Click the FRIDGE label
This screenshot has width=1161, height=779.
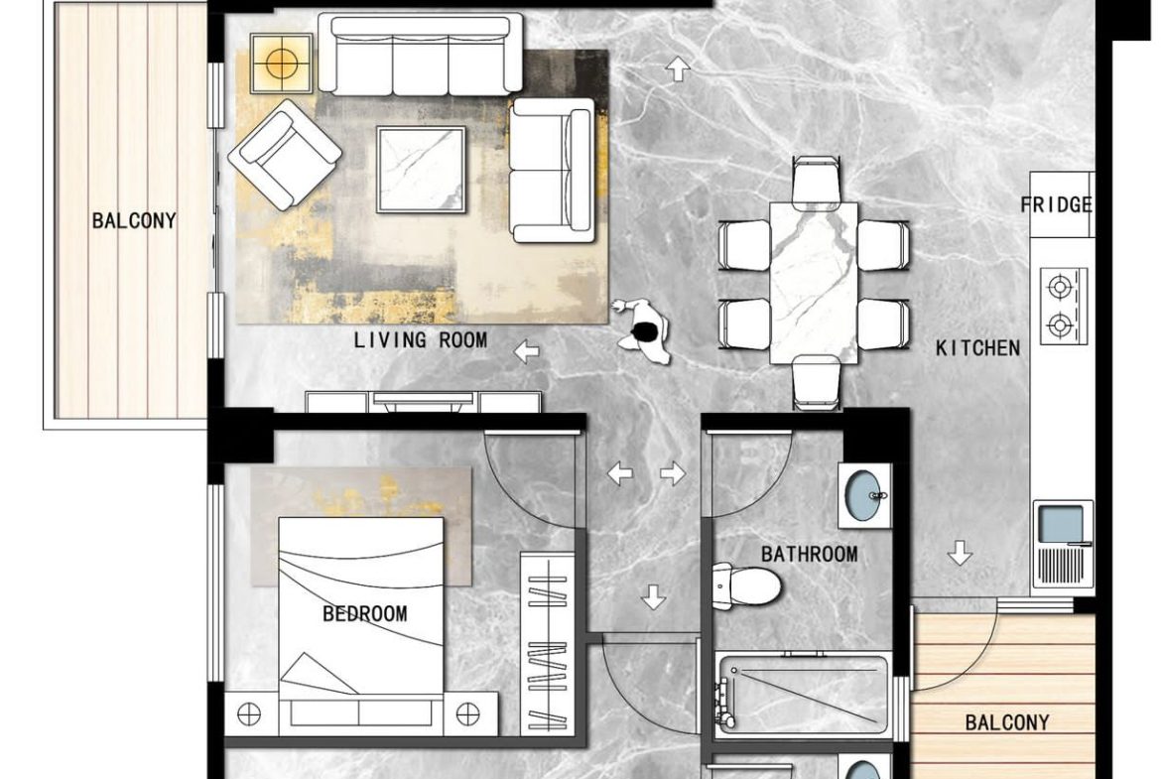point(1057,204)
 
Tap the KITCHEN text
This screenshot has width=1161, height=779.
point(977,348)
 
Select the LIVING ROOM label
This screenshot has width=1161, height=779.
point(421,340)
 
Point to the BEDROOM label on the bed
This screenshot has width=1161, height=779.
point(365,614)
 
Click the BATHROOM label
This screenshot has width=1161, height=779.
point(810,554)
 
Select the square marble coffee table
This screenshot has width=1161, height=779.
point(422,170)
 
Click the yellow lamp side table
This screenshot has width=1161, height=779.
point(282,64)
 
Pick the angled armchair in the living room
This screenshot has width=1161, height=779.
point(285,154)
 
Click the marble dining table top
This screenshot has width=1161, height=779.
point(814,283)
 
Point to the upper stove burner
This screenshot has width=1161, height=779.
point(1061,286)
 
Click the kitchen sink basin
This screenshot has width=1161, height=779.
point(1061,524)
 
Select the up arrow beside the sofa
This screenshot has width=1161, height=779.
point(678,68)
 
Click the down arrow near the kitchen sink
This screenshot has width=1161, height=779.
point(961,553)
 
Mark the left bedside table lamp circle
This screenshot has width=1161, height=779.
point(249,714)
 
